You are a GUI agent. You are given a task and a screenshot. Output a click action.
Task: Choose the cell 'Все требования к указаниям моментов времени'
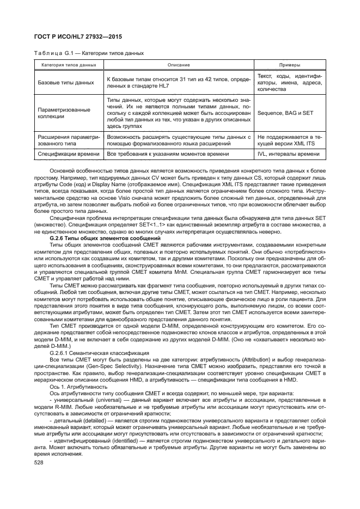click(x=170, y=154)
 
